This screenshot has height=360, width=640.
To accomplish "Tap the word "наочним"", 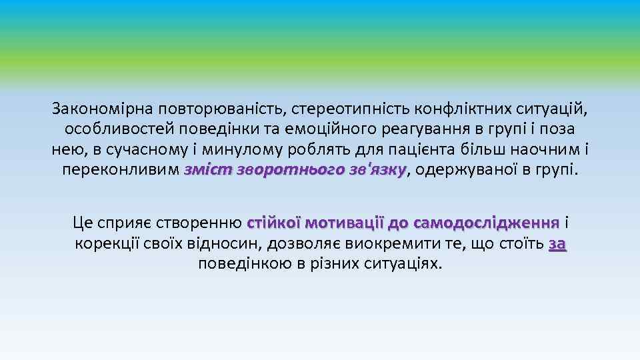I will coord(543,149).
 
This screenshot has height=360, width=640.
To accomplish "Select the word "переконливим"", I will coord(120,169).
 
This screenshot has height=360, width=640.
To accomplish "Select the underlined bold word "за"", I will coord(557,243).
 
